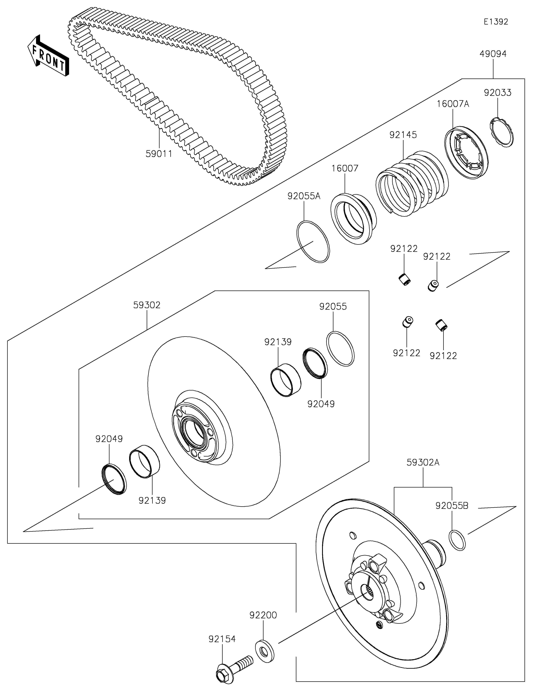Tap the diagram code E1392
[x=496, y=22]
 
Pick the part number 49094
[x=493, y=54]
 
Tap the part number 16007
[x=345, y=168]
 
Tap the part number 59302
[x=147, y=305]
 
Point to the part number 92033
[x=498, y=93]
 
